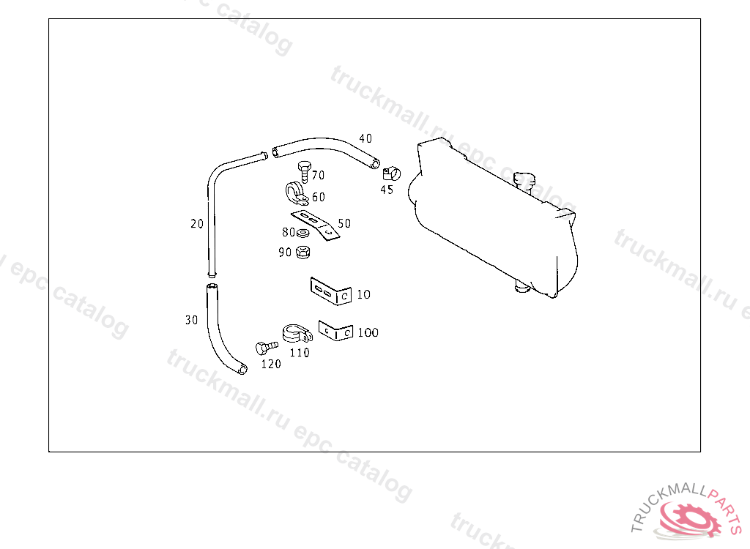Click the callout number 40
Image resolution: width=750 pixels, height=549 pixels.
(365, 138)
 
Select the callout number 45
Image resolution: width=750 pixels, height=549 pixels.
(387, 190)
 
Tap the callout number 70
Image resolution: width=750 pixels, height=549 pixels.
(318, 176)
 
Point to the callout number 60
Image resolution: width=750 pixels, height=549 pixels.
(319, 197)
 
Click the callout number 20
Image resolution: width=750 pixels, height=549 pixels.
(197, 224)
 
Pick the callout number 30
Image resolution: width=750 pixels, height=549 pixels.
(191, 320)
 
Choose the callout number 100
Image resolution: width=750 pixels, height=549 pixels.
(368, 332)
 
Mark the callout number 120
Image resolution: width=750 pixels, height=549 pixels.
(271, 365)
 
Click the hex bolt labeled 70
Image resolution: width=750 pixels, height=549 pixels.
(304, 172)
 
